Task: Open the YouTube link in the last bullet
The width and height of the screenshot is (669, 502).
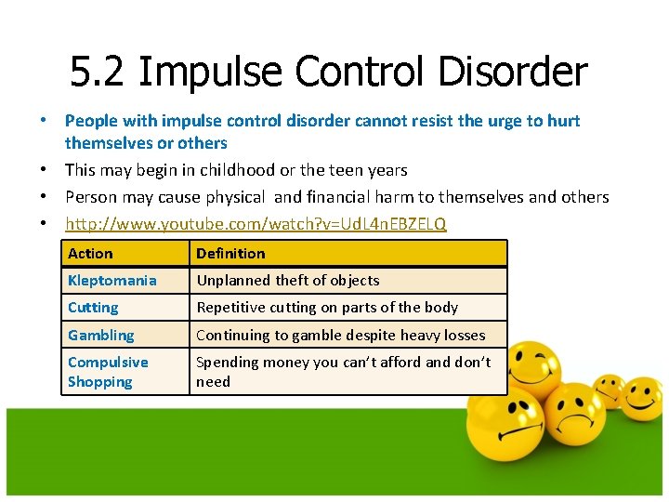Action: (256, 224)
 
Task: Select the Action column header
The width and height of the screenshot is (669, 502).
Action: (90, 253)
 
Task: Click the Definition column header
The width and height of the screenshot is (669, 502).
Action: (230, 253)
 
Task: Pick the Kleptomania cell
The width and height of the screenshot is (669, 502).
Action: (112, 280)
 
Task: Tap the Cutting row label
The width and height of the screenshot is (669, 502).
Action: (93, 307)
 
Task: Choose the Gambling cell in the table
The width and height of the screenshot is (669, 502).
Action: (100, 335)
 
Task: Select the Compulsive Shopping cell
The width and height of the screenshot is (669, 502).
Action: (108, 371)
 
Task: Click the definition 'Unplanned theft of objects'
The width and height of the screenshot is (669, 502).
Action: (288, 280)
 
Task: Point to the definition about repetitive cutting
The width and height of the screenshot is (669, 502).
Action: (327, 307)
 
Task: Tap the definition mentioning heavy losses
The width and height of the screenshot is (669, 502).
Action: (341, 335)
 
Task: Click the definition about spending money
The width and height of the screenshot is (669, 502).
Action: (344, 371)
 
